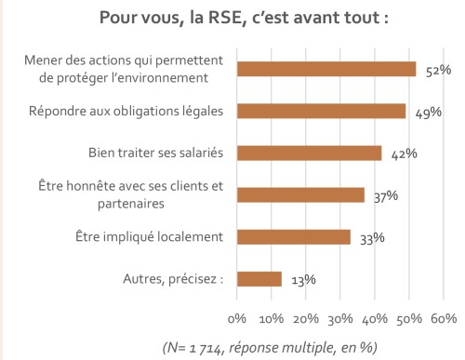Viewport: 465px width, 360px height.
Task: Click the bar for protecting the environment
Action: click(326, 69)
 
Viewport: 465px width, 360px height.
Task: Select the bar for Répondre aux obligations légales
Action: click(322, 111)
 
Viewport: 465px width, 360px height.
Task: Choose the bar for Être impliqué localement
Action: click(294, 236)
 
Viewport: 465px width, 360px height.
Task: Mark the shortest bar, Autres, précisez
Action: click(259, 278)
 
